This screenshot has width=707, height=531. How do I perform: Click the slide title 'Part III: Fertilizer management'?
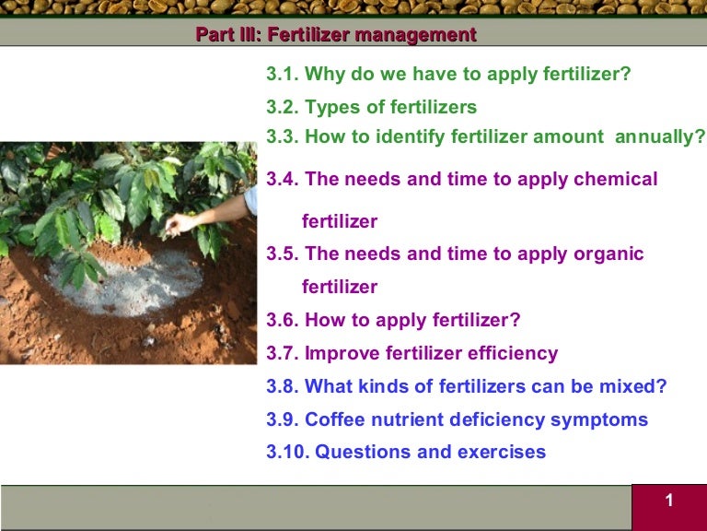[x=336, y=36]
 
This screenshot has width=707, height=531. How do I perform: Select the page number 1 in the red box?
[x=669, y=501]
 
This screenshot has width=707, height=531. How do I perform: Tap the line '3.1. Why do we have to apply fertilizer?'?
[x=448, y=74]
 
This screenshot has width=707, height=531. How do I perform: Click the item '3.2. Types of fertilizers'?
[x=371, y=108]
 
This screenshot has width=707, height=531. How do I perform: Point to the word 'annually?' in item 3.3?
[x=660, y=137]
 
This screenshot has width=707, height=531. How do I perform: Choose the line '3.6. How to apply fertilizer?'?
[x=393, y=320]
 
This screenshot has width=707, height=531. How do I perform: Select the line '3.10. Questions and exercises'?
[x=406, y=452]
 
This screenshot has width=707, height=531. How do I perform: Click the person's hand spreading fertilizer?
[x=183, y=222]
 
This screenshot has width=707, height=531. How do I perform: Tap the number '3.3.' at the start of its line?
[x=283, y=137]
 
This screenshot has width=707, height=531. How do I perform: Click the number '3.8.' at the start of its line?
[x=283, y=386]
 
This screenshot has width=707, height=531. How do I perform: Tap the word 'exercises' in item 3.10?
[x=504, y=452]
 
